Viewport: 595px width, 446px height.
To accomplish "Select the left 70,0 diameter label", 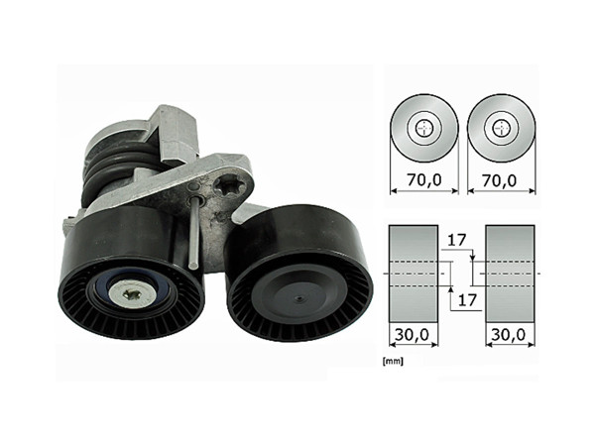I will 423,180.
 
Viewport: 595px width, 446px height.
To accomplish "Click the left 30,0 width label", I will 412,337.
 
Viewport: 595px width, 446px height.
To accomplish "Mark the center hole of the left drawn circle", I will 423,127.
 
